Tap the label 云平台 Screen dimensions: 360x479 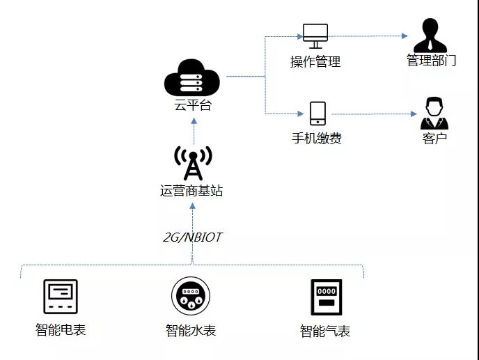(x=193, y=106)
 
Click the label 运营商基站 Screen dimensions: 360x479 (x=191, y=190)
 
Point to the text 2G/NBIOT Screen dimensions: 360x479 (x=192, y=237)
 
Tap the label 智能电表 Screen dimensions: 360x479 (x=61, y=329)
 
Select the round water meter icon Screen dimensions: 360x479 (x=191, y=296)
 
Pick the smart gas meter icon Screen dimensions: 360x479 (x=325, y=299)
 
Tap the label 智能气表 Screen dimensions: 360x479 (x=325, y=331)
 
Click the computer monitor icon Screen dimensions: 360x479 (x=315, y=34)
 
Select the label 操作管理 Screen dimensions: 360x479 (x=315, y=61)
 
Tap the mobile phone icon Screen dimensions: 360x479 (x=317, y=114)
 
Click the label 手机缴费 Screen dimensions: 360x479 (x=317, y=138)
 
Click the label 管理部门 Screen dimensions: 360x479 (x=432, y=61)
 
